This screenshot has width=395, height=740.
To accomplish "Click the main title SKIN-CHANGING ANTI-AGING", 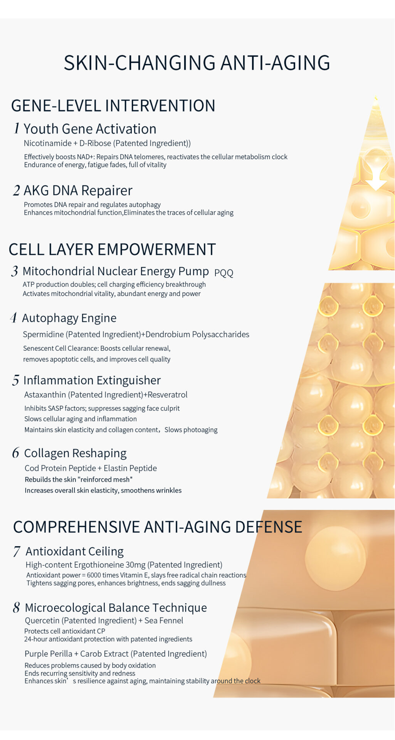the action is click(197, 62).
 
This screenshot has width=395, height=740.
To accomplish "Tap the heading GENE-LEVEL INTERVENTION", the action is click(113, 106).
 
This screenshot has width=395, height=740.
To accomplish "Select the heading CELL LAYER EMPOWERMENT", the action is click(112, 249).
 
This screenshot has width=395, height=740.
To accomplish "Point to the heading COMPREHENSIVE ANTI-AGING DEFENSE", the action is click(158, 527).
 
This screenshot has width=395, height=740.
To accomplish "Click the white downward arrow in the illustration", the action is click(376, 177).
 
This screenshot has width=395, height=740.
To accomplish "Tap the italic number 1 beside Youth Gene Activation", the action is click(17, 128).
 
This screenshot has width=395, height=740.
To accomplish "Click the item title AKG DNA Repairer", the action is click(78, 190).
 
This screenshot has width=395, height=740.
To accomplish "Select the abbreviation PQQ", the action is click(224, 273).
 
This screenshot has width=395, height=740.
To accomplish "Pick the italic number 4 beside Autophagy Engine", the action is click(14, 318).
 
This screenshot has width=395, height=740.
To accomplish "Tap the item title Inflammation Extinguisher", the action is click(92, 380).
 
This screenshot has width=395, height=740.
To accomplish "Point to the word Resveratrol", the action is click(168, 395).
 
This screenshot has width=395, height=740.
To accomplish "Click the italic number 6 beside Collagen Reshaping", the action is click(16, 453).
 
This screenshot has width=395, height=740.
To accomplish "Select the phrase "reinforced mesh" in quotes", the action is click(105, 479).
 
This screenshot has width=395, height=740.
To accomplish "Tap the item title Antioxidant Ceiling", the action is click(75, 552).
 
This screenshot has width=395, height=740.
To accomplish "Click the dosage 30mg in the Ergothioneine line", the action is click(135, 565).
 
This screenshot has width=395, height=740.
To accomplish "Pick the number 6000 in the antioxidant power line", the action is click(94, 575).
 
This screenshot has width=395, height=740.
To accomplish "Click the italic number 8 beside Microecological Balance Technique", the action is click(16, 607).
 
